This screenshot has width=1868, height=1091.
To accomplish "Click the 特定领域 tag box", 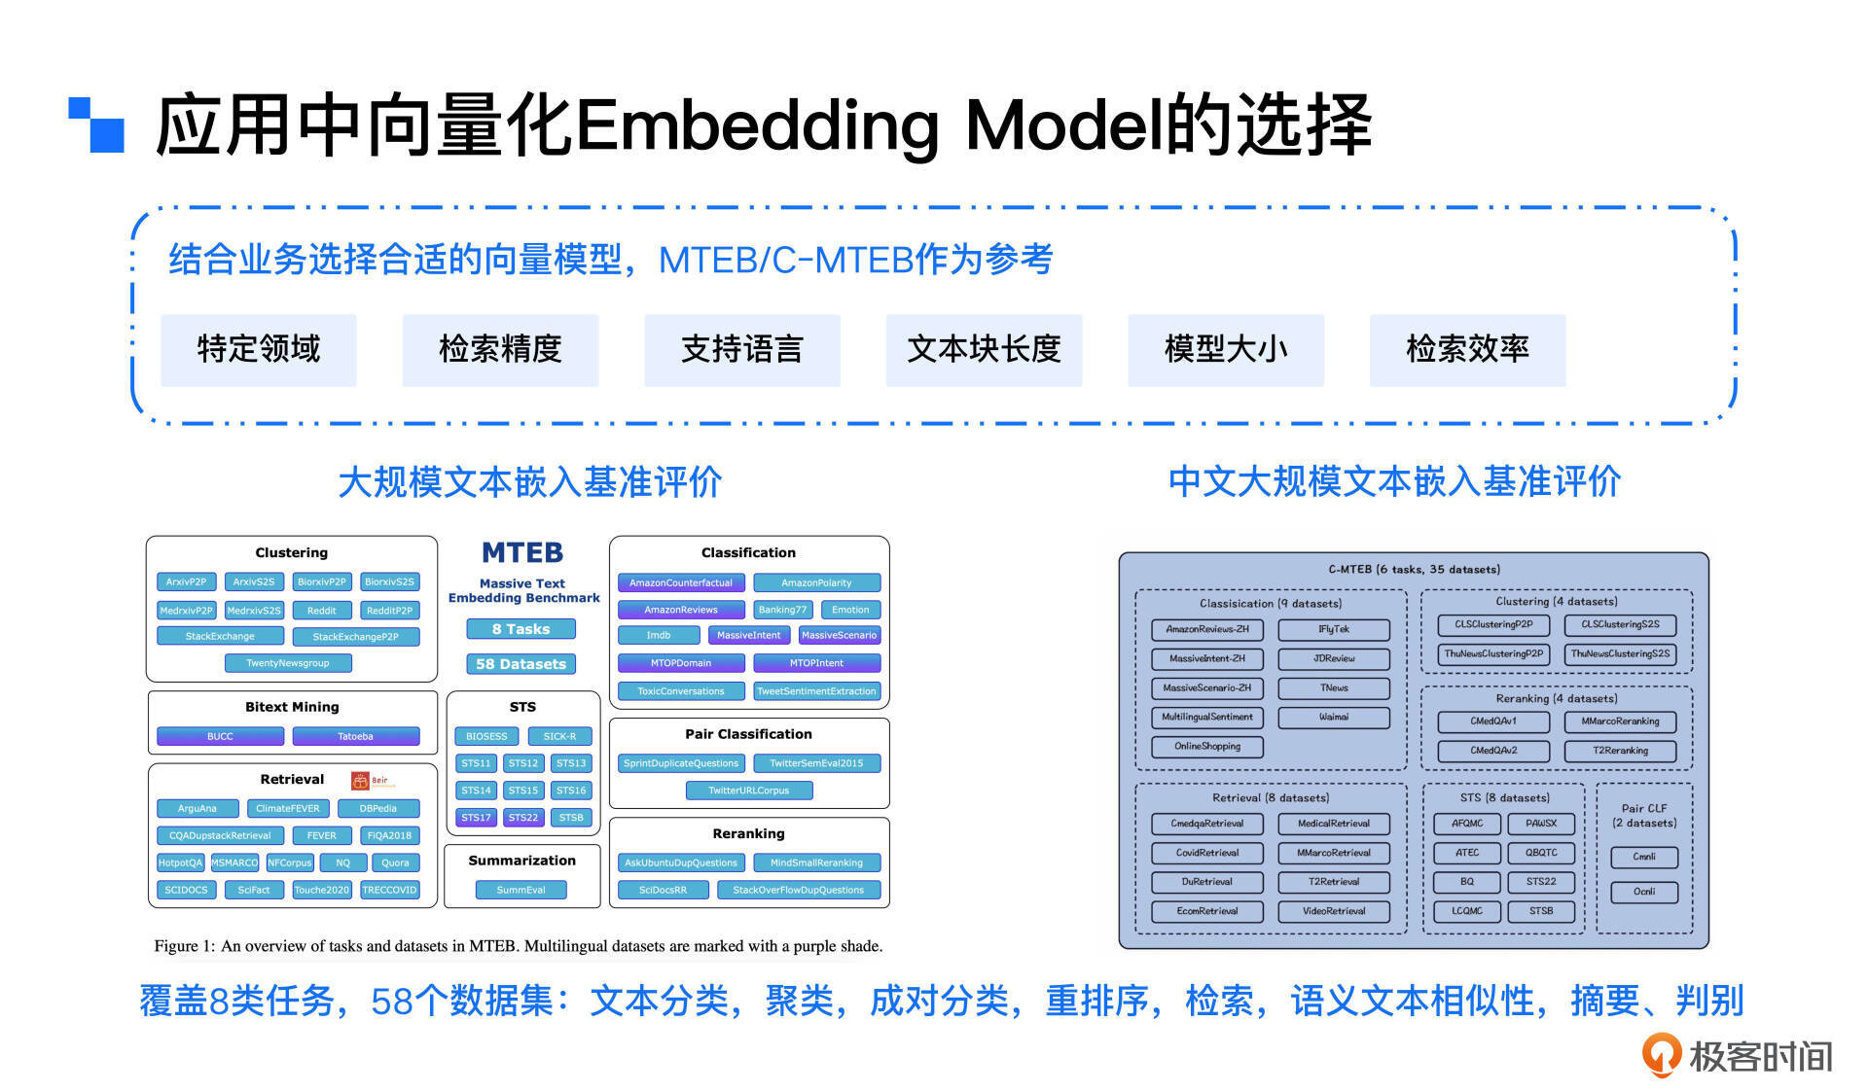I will [x=258, y=350].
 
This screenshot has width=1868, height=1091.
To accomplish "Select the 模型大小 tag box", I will [x=1225, y=350].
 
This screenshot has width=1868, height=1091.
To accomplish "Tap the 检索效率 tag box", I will [x=1467, y=350].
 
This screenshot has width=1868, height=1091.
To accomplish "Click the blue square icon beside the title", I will [x=97, y=124].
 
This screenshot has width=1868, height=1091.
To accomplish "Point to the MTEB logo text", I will [x=522, y=552].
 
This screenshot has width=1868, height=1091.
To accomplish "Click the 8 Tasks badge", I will [x=521, y=629].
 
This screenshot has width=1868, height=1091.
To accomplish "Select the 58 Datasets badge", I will [x=521, y=664].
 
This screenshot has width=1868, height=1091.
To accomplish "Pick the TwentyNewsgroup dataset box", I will [x=287, y=663].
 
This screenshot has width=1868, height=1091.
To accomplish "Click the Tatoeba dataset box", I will [x=355, y=736].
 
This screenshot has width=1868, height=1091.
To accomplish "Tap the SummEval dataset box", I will [x=521, y=890].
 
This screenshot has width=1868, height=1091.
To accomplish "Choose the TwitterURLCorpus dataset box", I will [x=748, y=791].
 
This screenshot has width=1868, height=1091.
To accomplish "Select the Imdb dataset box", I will [x=659, y=636].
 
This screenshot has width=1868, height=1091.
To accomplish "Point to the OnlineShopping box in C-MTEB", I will [x=1206, y=747].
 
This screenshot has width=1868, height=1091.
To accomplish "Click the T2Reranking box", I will [x=1620, y=751].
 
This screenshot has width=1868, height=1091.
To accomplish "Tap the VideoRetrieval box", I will [x=1333, y=911].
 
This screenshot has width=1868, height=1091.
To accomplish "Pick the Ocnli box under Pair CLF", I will [x=1643, y=892].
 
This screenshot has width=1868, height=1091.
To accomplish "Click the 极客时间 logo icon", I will [x=1661, y=1054].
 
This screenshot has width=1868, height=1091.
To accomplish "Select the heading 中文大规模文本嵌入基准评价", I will [x=1394, y=482].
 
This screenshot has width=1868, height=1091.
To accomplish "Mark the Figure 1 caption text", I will [x=519, y=946].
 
